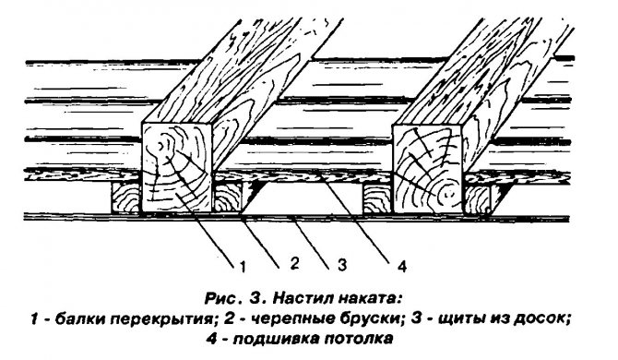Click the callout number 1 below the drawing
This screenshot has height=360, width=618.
[x=242, y=267]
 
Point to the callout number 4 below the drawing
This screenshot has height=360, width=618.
[x=403, y=268]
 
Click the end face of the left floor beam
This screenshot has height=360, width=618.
[x=178, y=170]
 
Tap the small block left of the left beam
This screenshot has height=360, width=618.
[x=125, y=197]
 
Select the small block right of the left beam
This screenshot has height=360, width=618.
[x=229, y=197]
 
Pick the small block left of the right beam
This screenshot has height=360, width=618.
[x=378, y=198]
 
